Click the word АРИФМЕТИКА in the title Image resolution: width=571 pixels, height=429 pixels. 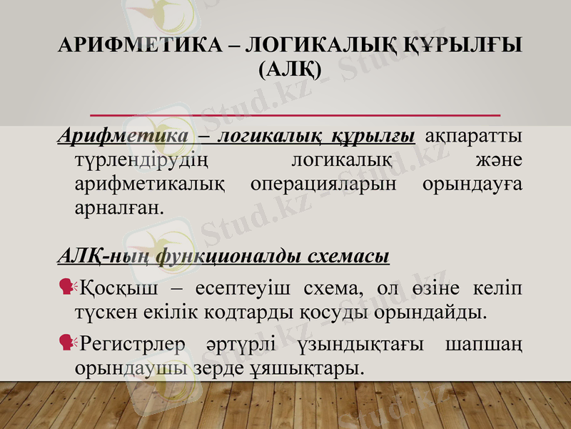coord(134,46)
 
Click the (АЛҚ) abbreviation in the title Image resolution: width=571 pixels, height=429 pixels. coord(290,69)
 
